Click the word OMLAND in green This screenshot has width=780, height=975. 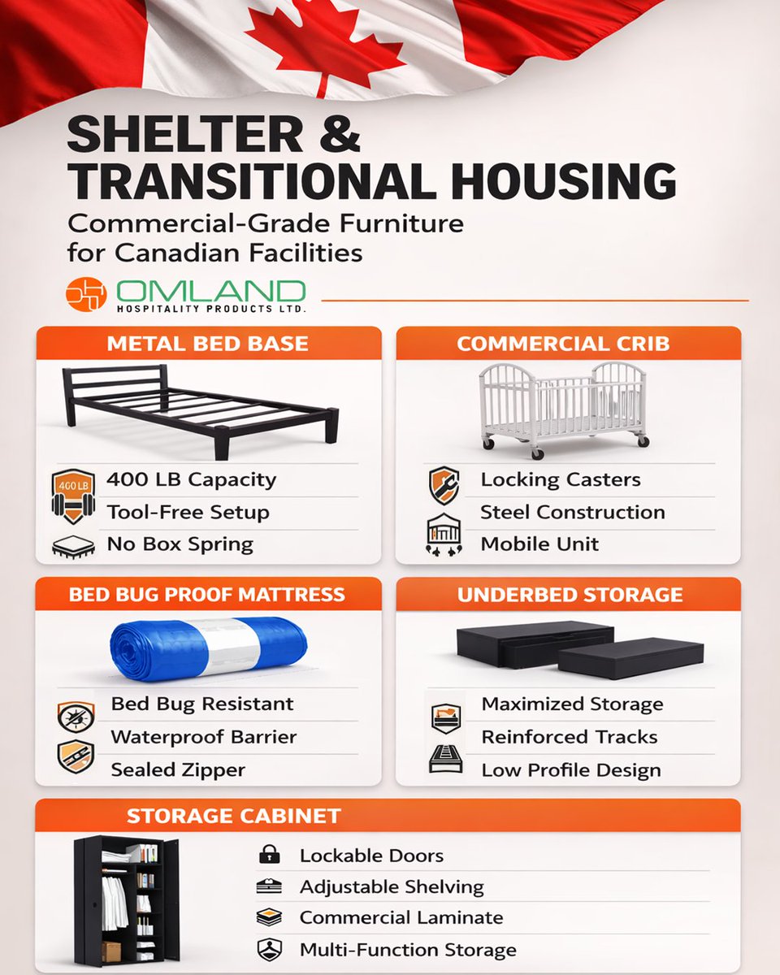[x=210, y=291]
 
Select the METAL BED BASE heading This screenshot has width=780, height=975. [x=208, y=343]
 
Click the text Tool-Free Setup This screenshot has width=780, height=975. [x=188, y=513]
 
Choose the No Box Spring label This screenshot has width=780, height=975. [x=180, y=544]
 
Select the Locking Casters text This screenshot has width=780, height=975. [x=560, y=480]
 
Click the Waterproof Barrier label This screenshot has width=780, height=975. [x=203, y=737]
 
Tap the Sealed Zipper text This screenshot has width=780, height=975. [x=178, y=769]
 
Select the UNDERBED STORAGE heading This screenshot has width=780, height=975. [x=570, y=595]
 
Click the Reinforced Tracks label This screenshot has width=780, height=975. [x=569, y=737]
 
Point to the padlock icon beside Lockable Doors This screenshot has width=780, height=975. [x=268, y=855]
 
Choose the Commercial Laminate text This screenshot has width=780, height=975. [x=401, y=918]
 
